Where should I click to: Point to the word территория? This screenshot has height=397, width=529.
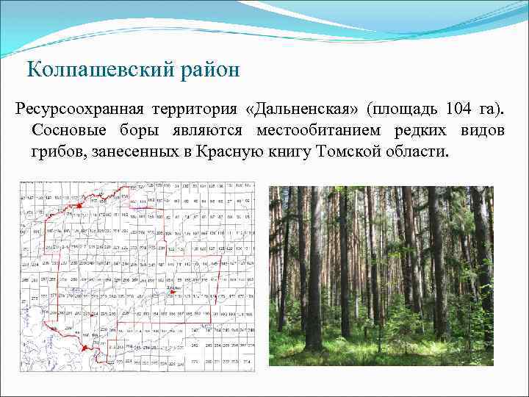[x=196, y=110]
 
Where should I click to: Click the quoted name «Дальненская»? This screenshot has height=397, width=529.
[x=304, y=110]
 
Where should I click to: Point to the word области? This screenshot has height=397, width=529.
[x=417, y=152]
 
